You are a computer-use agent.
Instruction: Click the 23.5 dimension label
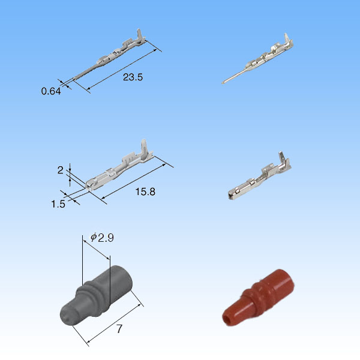click(133, 77)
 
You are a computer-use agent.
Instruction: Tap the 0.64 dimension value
click(51, 91)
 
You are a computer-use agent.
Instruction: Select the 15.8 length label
click(145, 192)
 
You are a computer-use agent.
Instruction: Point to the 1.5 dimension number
click(58, 204)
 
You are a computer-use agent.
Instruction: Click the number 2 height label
click(60, 170)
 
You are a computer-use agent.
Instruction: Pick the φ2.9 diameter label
click(102, 238)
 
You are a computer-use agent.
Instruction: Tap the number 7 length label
click(119, 329)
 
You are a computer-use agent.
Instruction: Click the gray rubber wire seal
click(96, 295)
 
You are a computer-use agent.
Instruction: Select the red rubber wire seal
click(258, 298)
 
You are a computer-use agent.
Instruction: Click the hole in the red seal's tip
click(228, 319)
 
